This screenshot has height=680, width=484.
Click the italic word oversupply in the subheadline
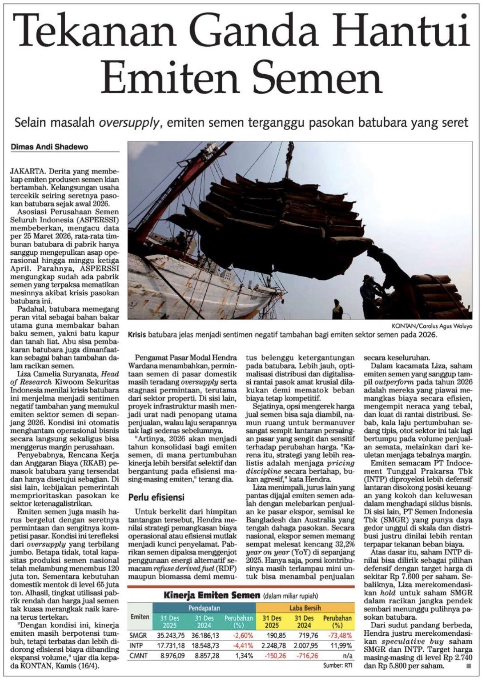point(128,122)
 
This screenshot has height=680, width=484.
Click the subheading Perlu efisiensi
point(156,497)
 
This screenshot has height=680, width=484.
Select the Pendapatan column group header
point(204,608)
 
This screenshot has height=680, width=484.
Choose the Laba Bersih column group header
point(306,608)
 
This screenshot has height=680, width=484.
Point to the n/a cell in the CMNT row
point(347,655)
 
